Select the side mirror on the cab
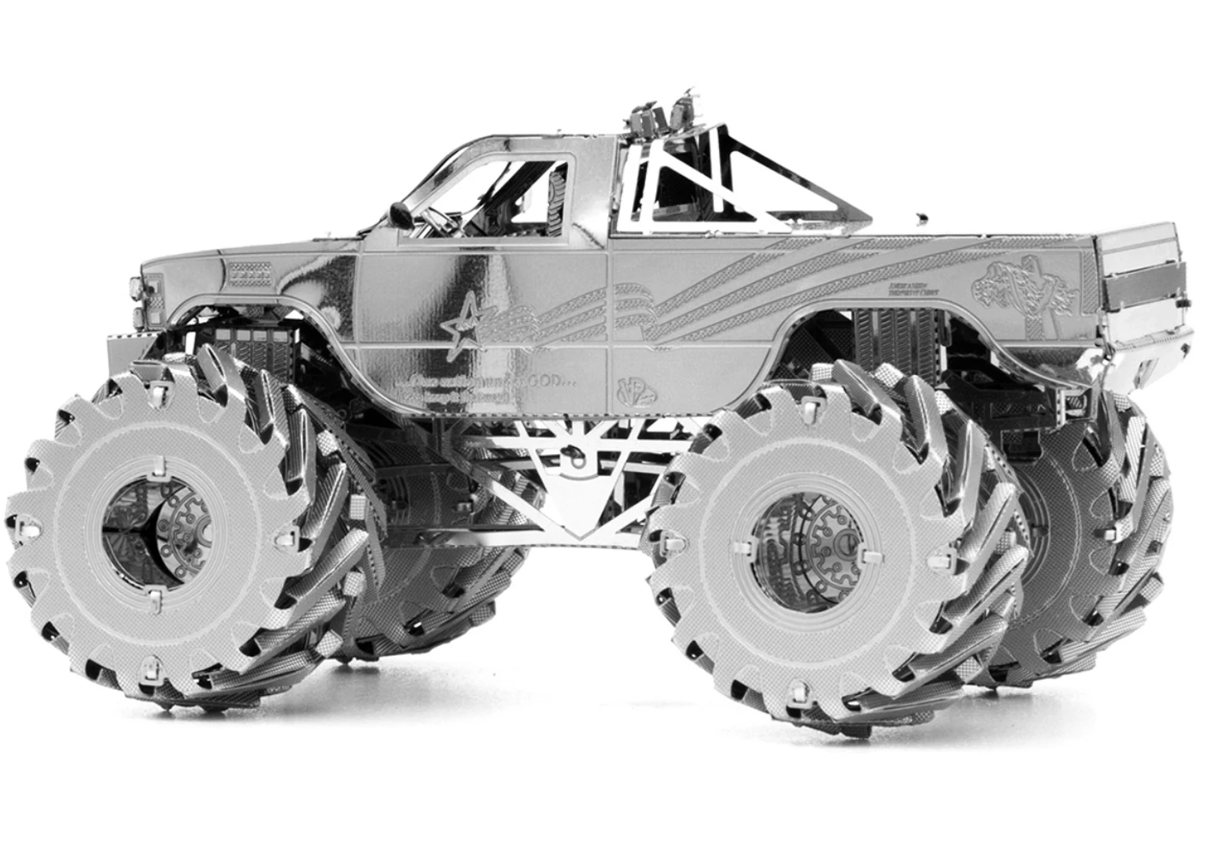tap(400, 211)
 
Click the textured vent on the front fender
tap(249, 274)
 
